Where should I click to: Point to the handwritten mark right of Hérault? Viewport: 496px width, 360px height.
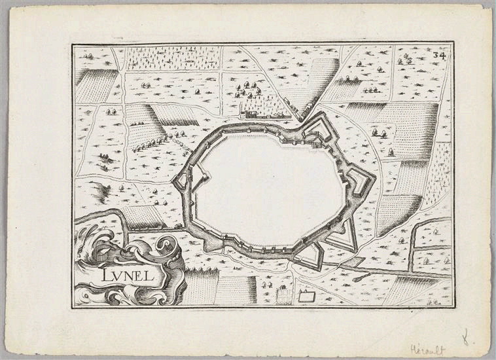466,338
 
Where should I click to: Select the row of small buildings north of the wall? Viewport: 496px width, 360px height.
262,113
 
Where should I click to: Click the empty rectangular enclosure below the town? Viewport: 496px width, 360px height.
306,296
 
